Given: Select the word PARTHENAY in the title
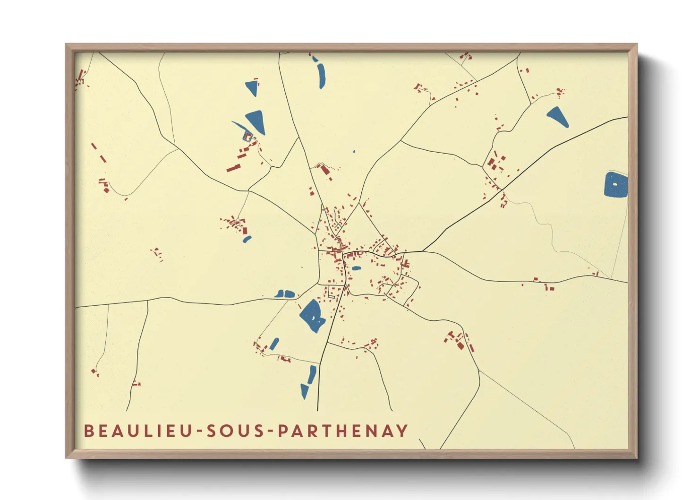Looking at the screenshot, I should pos(342,431).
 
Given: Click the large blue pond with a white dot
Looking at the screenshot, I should pos(615,185).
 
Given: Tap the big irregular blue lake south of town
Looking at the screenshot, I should pos(312,316).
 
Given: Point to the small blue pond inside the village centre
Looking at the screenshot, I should pos(356,268).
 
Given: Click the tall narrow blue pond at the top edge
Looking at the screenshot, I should pos(322,75).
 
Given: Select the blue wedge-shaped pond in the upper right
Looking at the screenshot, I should pos(558,117).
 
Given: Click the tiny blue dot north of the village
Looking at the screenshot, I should pos(354,152).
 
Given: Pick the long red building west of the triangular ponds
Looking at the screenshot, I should pos(233,167).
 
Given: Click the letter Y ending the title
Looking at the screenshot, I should pos(402,431).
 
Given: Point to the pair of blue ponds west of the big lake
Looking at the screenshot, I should pos(285,294).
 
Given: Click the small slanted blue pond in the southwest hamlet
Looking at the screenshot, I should pos(274,344).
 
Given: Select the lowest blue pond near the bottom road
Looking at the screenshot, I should pos(304,391).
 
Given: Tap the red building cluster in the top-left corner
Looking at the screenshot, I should pos(80,79).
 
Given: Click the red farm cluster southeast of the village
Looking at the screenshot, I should pos(459,341).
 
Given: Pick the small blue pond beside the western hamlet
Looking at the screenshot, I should pos(247,239).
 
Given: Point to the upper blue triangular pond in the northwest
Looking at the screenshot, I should pos(252,87).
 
